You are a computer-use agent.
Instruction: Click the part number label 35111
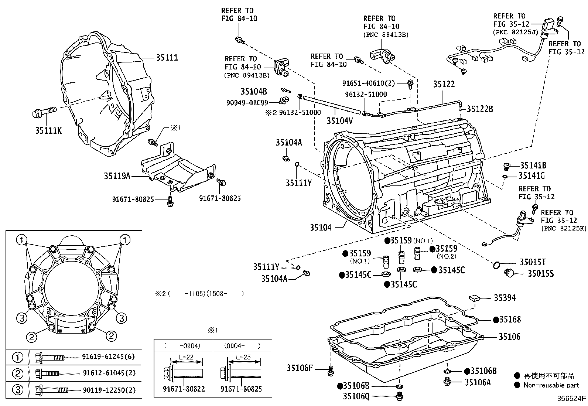[x=167, y=58]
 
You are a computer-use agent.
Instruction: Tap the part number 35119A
[x=117, y=176]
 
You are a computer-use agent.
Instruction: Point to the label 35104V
[x=339, y=120]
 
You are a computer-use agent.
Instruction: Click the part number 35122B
[x=479, y=109]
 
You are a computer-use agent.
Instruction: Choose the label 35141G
[x=531, y=176]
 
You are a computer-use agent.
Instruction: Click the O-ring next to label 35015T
[x=497, y=265]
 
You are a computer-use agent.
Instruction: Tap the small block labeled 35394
[x=474, y=298]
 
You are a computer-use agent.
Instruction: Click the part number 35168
[x=510, y=320]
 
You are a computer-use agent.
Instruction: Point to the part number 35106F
[x=300, y=368]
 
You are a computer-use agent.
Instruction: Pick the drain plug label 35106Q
[x=356, y=396]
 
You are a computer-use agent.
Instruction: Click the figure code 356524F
[x=571, y=399]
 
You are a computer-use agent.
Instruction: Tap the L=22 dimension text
[x=186, y=357]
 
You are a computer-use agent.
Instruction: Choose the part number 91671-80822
[x=184, y=389]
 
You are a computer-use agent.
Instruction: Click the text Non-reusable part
[x=551, y=385]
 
